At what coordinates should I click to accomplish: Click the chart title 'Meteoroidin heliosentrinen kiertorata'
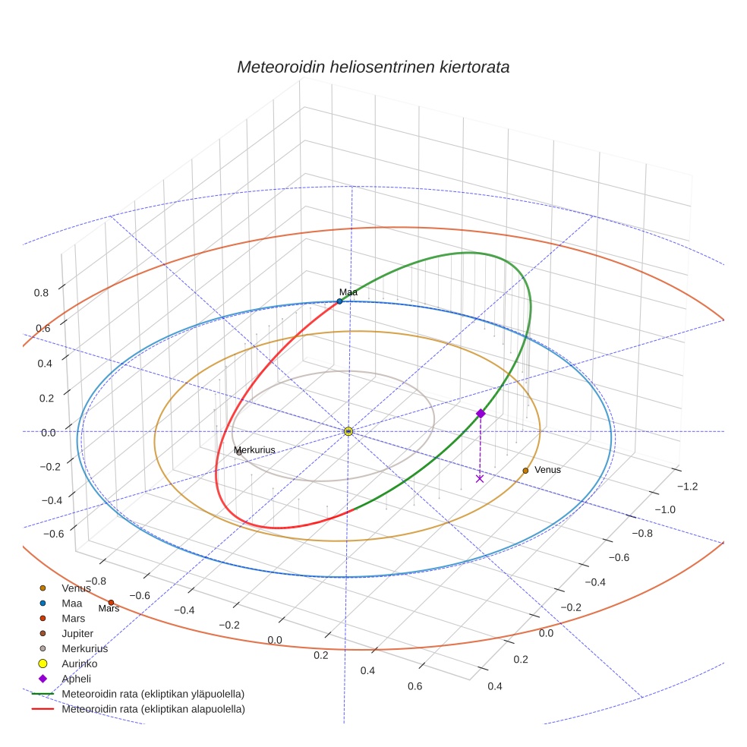click(x=373, y=67)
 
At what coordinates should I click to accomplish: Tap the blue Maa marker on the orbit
click(x=339, y=301)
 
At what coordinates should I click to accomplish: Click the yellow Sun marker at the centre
click(x=348, y=431)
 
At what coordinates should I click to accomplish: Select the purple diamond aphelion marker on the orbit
click(x=481, y=413)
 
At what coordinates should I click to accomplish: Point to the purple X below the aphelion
click(x=480, y=478)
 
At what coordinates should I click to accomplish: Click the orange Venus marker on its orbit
click(x=525, y=471)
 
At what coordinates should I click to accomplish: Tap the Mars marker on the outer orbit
click(x=111, y=603)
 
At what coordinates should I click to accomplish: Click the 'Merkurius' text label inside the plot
click(x=254, y=450)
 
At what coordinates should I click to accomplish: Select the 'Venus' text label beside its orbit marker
click(x=547, y=470)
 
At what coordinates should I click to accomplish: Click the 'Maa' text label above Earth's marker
click(x=348, y=292)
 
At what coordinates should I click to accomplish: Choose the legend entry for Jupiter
click(x=77, y=633)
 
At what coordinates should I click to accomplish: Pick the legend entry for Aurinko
click(x=79, y=663)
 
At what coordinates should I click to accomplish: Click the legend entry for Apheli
click(x=76, y=679)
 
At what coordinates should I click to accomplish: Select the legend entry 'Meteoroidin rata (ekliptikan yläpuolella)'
click(x=153, y=694)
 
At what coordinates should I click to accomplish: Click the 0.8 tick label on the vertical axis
click(x=41, y=292)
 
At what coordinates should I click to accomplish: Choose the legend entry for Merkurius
click(x=84, y=648)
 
